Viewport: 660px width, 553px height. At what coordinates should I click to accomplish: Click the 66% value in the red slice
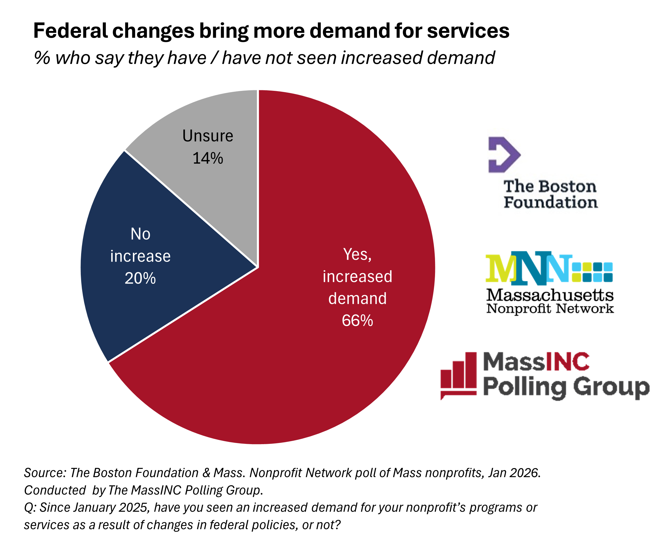(357, 321)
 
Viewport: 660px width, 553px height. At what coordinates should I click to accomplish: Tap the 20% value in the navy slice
(140, 278)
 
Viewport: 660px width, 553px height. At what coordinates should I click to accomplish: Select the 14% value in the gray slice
(208, 158)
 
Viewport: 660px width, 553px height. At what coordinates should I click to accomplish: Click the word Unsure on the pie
(208, 136)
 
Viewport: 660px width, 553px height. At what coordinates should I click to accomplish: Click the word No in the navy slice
(141, 234)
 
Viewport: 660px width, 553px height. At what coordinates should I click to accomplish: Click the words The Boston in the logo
(550, 186)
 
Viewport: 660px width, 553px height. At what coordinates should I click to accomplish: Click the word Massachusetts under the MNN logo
(550, 295)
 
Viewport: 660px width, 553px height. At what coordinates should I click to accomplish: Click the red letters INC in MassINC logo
(568, 362)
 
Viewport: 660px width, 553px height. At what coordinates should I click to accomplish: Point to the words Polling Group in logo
(566, 387)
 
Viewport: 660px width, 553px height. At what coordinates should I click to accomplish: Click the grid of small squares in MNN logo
(592, 272)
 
